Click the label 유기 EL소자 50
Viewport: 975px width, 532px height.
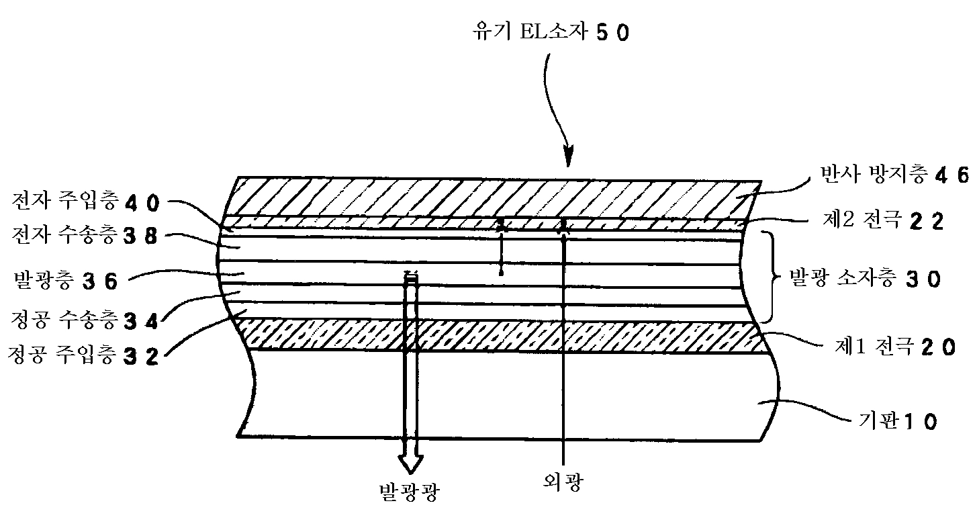click(x=551, y=32)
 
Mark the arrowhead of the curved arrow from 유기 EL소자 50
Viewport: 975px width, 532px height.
click(x=568, y=159)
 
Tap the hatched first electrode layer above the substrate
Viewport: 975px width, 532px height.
click(x=504, y=336)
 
